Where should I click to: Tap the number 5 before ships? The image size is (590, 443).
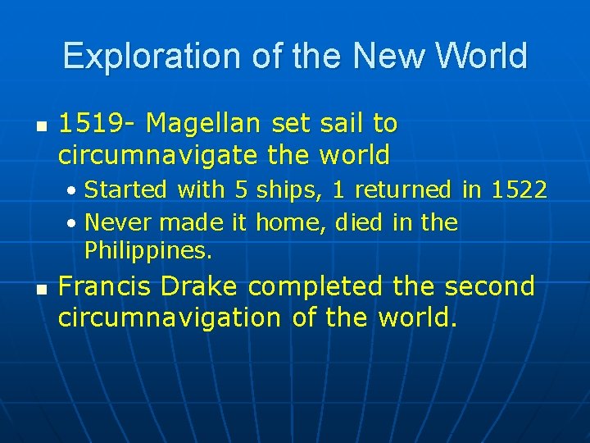tap(241, 190)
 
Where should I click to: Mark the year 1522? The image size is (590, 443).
tap(518, 190)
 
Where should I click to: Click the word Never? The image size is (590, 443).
tap(119, 223)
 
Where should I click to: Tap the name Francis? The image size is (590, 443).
tap(105, 286)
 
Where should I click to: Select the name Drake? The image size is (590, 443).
tap(199, 286)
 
